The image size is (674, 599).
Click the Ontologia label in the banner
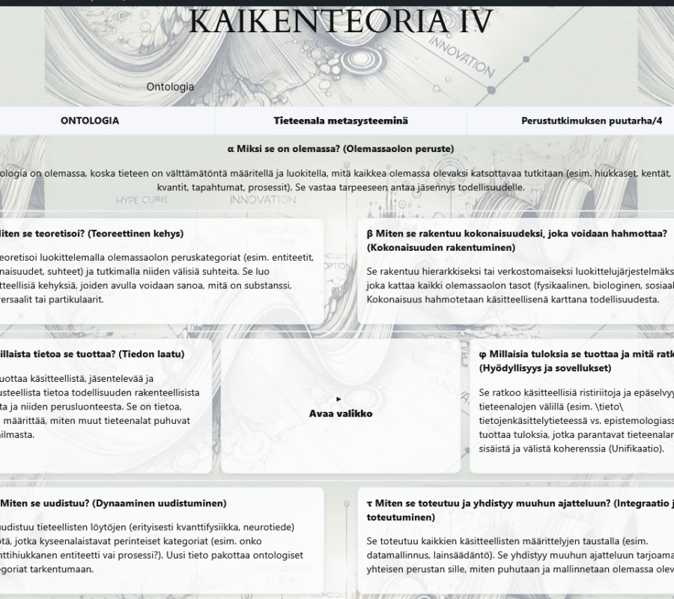tap(170, 87)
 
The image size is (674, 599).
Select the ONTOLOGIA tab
tap(90, 121)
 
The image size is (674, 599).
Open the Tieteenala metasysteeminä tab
tap(341, 121)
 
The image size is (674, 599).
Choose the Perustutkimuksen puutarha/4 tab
tap(592, 121)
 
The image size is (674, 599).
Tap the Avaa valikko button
tap(341, 413)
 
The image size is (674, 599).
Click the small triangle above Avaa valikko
tap(339, 399)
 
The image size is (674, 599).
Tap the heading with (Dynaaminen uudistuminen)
tap(112, 503)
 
